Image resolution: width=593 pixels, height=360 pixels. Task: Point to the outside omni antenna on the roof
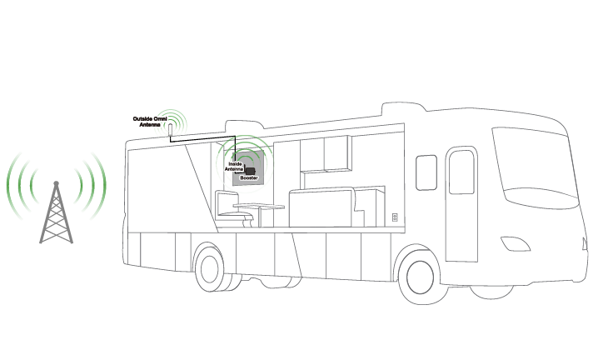pos(170,130)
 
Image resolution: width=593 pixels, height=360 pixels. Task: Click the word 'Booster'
pos(248,178)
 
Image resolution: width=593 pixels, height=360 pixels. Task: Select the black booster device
pos(250,171)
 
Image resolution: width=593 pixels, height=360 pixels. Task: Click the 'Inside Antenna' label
pos(235,167)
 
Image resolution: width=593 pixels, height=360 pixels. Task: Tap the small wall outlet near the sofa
pos(394,217)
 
